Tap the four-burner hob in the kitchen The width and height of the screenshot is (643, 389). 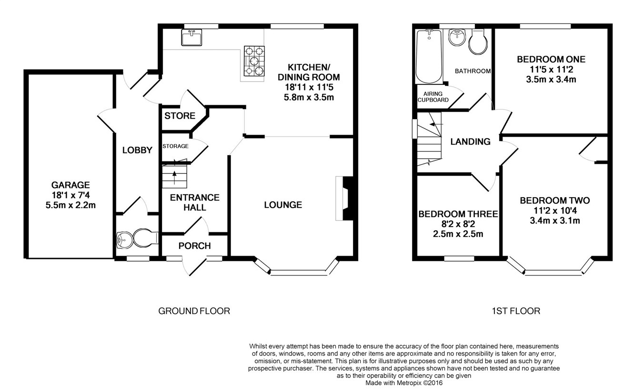tap(253, 61)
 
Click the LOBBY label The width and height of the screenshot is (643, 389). tap(137, 150)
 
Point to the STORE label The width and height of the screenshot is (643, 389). tap(180, 116)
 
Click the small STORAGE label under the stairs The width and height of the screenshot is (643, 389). tap(175, 146)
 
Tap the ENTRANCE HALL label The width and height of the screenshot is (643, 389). tap(195, 202)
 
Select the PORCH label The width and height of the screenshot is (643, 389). tap(194, 246)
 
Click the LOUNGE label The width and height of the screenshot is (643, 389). tap(283, 205)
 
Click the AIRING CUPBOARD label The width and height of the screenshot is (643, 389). tap(433, 97)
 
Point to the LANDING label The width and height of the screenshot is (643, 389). tap(470, 141)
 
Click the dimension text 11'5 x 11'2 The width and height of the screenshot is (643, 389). tap(551, 70)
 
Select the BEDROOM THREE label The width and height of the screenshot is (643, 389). tap(458, 214)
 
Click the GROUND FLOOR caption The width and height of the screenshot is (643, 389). tap(194, 311)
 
